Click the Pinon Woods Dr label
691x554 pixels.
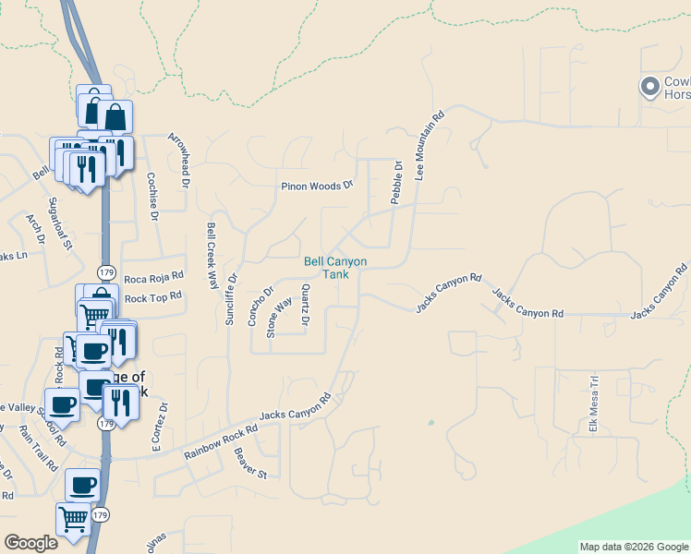[318, 186]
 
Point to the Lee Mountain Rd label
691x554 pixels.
[430, 145]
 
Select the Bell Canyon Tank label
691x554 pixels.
[335, 268]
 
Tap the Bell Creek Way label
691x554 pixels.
[212, 256]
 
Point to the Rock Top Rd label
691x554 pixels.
[153, 297]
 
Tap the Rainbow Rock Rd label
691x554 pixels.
[220, 444]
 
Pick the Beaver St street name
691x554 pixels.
[249, 464]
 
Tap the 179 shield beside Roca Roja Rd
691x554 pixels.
[107, 273]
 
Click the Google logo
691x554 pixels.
[30, 543]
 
